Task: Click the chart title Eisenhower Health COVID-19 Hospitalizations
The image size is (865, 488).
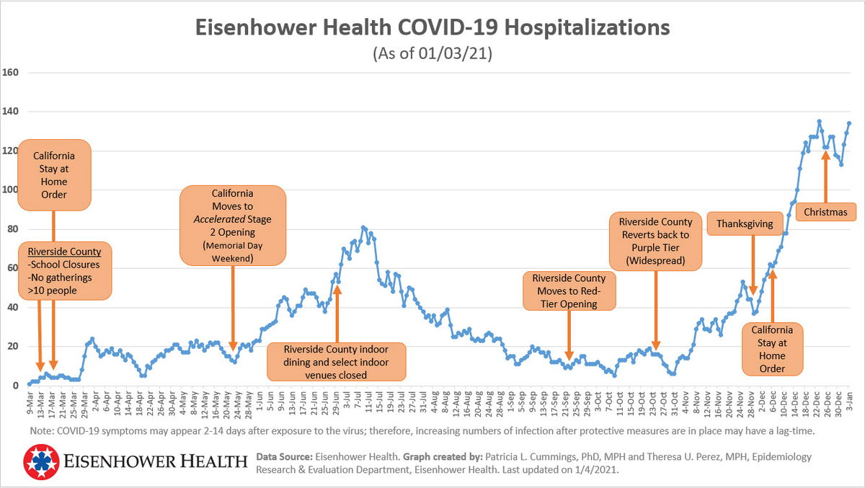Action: (x=432, y=28)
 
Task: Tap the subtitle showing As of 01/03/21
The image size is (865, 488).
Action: (x=432, y=54)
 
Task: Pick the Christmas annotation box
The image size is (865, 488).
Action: (x=825, y=212)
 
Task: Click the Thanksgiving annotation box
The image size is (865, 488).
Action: (x=745, y=224)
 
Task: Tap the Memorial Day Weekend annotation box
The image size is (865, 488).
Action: (x=233, y=225)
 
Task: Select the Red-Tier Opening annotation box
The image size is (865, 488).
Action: (x=569, y=290)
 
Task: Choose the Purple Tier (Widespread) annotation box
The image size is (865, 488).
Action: (x=655, y=241)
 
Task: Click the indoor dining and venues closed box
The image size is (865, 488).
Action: (x=336, y=361)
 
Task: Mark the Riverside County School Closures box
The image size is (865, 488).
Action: (x=64, y=271)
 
